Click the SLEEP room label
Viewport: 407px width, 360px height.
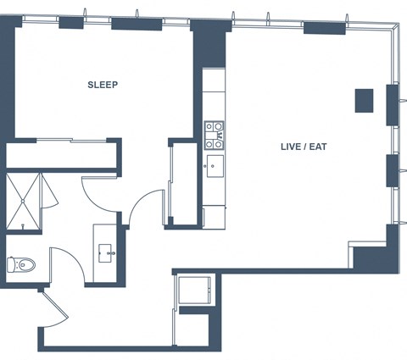coord(103,85)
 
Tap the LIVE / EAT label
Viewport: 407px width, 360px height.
coord(304,147)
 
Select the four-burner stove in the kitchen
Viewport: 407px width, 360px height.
coord(215,136)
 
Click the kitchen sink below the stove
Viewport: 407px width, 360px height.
coord(215,166)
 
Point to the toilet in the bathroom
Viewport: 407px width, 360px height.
coord(21,264)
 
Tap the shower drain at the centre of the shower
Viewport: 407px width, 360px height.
coord(23,201)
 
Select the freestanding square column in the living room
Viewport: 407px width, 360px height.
coord(365,101)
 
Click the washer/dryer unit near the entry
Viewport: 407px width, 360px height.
coord(195,291)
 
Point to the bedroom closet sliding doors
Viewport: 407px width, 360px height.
coord(71,140)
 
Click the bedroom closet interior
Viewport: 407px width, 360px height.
coord(62,155)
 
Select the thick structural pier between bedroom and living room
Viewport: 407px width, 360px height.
coord(209,44)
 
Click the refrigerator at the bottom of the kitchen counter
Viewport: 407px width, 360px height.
coord(214,217)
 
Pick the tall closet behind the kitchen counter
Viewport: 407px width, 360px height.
coord(184,184)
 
